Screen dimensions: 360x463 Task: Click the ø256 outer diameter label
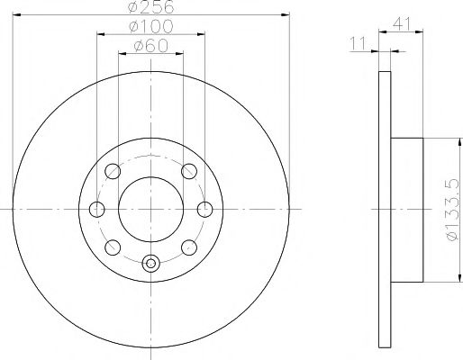(150, 7)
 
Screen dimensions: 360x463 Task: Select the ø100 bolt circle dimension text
(150, 28)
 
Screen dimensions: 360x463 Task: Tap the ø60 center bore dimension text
(150, 46)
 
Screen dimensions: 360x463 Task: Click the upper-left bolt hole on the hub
(113, 171)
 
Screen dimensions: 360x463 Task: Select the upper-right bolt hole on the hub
(188, 171)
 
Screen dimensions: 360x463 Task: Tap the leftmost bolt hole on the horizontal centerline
(96, 210)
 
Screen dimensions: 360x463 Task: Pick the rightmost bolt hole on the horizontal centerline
(205, 210)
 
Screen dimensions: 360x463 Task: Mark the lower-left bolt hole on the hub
(113, 247)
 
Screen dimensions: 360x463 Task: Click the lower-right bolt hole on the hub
(188, 247)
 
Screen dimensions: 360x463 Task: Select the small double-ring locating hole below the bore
(150, 264)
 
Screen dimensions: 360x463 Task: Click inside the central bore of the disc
(150, 210)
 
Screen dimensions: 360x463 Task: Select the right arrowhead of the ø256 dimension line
(287, 15)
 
